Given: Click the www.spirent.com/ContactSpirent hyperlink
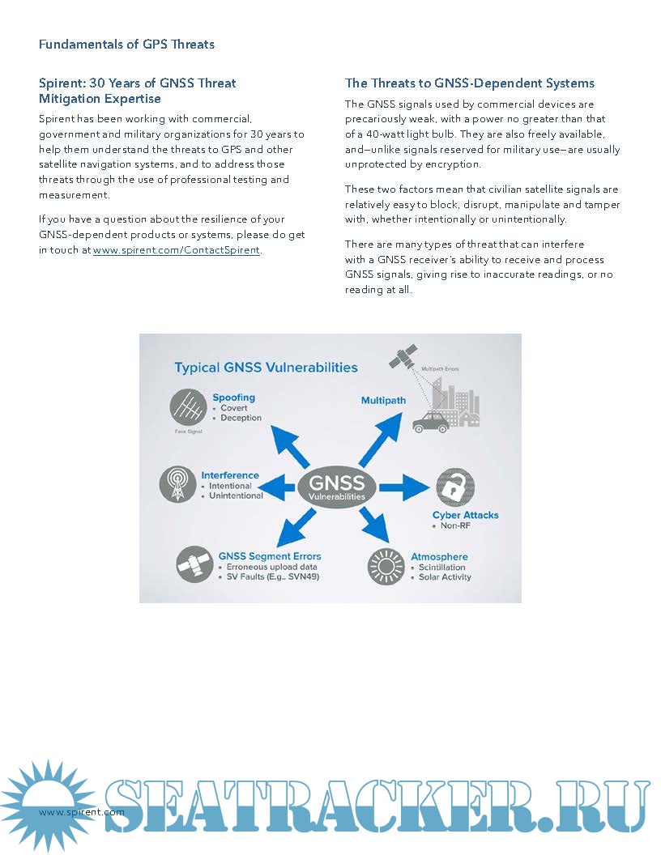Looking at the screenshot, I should click(177, 250).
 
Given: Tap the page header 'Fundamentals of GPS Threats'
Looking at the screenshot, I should click(126, 44).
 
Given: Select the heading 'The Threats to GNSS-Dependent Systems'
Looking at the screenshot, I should click(470, 83).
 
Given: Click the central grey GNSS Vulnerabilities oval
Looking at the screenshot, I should click(336, 486).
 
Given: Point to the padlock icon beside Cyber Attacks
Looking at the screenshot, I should click(455, 487).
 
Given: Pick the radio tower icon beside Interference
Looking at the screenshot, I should click(177, 484).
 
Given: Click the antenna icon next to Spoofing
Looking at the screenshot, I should click(188, 407).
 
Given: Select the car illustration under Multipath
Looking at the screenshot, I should click(430, 423).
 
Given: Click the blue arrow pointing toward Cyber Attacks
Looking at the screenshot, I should click(403, 487).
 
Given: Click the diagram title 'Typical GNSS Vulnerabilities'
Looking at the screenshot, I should click(266, 368).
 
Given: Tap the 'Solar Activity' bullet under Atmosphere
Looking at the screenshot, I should click(444, 577).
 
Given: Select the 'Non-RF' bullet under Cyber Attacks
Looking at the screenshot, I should click(456, 526).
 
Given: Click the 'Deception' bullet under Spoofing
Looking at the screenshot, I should click(241, 418).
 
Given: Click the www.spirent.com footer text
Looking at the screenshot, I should click(81, 812).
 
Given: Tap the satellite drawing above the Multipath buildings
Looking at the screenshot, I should click(403, 357).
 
